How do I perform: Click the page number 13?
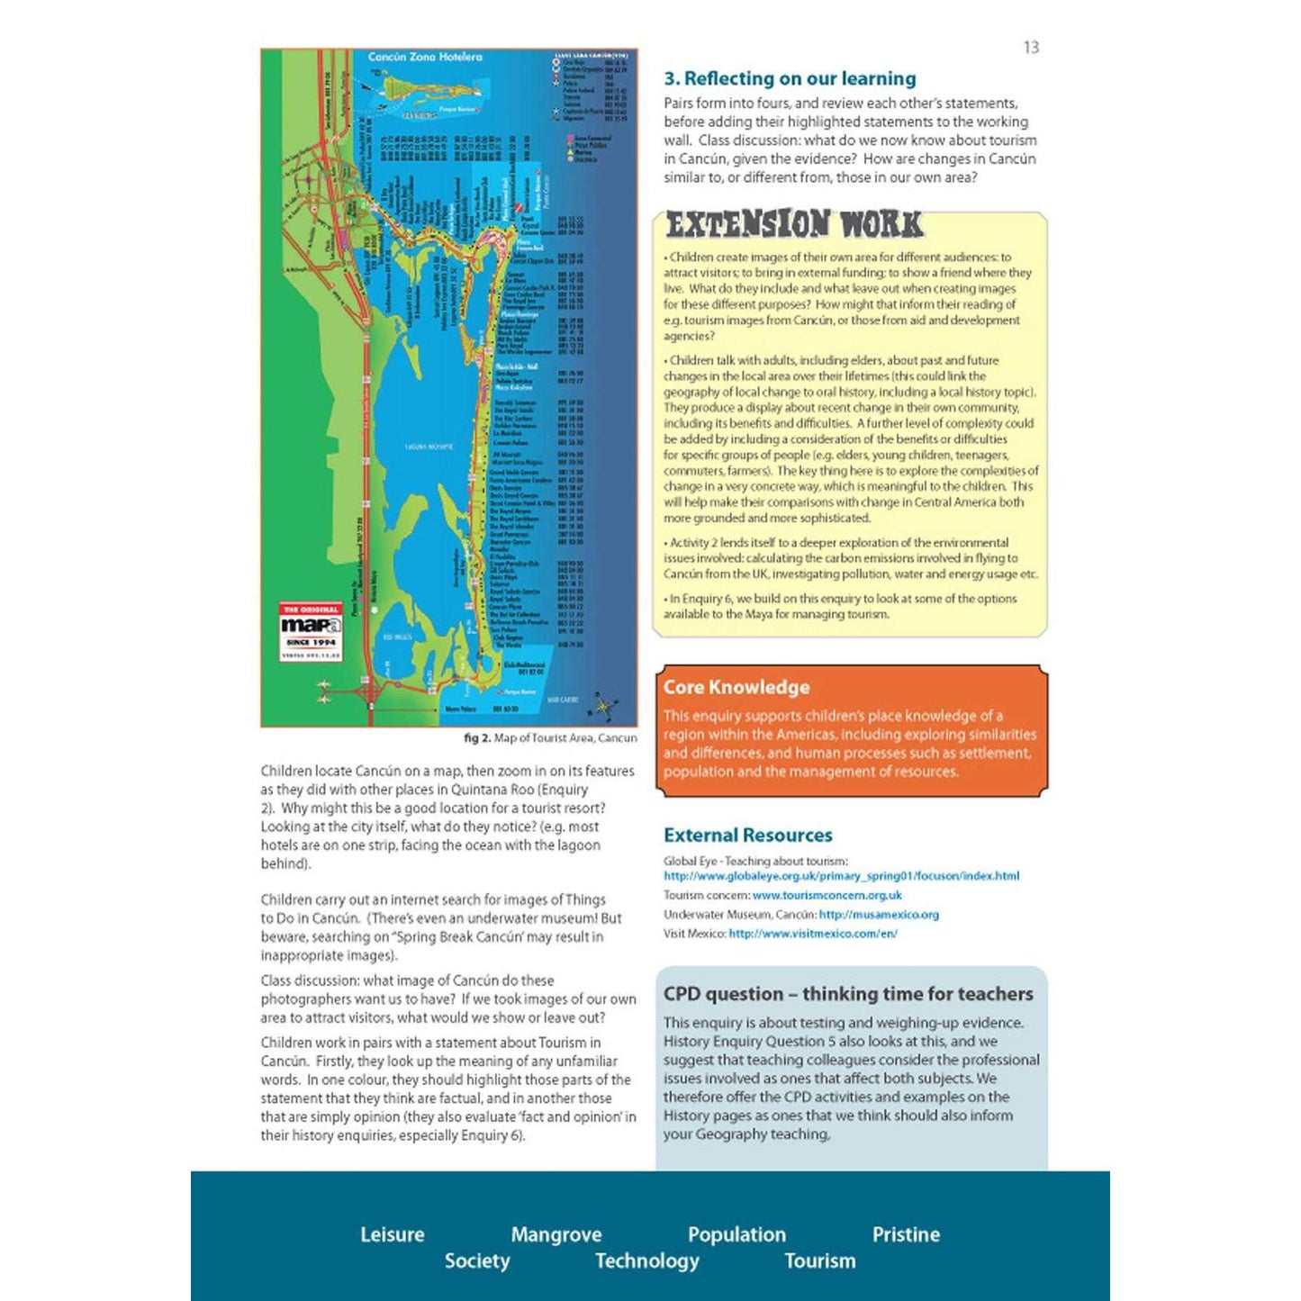(x=1031, y=48)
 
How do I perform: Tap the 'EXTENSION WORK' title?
(x=794, y=224)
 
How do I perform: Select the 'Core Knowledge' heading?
(x=736, y=687)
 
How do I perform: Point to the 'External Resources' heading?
(x=747, y=835)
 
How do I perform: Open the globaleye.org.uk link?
(x=841, y=876)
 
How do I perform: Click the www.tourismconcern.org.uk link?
(x=827, y=896)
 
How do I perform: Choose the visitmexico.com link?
(x=812, y=934)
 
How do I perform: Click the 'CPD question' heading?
(x=847, y=994)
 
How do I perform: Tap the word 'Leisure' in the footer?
(x=392, y=1234)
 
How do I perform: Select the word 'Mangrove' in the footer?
(x=556, y=1234)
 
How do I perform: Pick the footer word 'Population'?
(x=736, y=1234)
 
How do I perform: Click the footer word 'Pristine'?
(x=905, y=1234)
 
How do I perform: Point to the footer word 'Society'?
(x=476, y=1260)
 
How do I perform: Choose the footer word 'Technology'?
(x=646, y=1260)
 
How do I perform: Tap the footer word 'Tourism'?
(x=819, y=1260)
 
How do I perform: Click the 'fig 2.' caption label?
(x=477, y=738)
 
